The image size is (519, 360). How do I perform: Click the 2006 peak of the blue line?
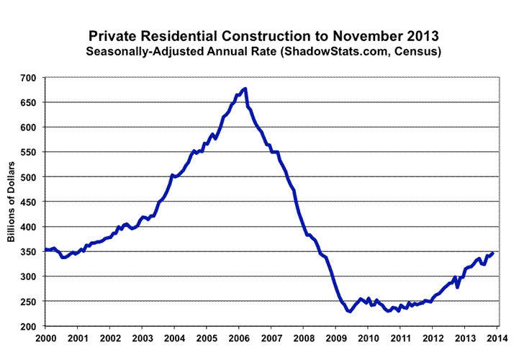(245, 89)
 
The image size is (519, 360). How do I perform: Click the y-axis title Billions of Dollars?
(12, 202)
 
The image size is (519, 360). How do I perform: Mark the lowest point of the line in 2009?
(349, 311)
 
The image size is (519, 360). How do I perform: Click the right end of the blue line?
(492, 253)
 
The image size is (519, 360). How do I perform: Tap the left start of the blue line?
(45, 250)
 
